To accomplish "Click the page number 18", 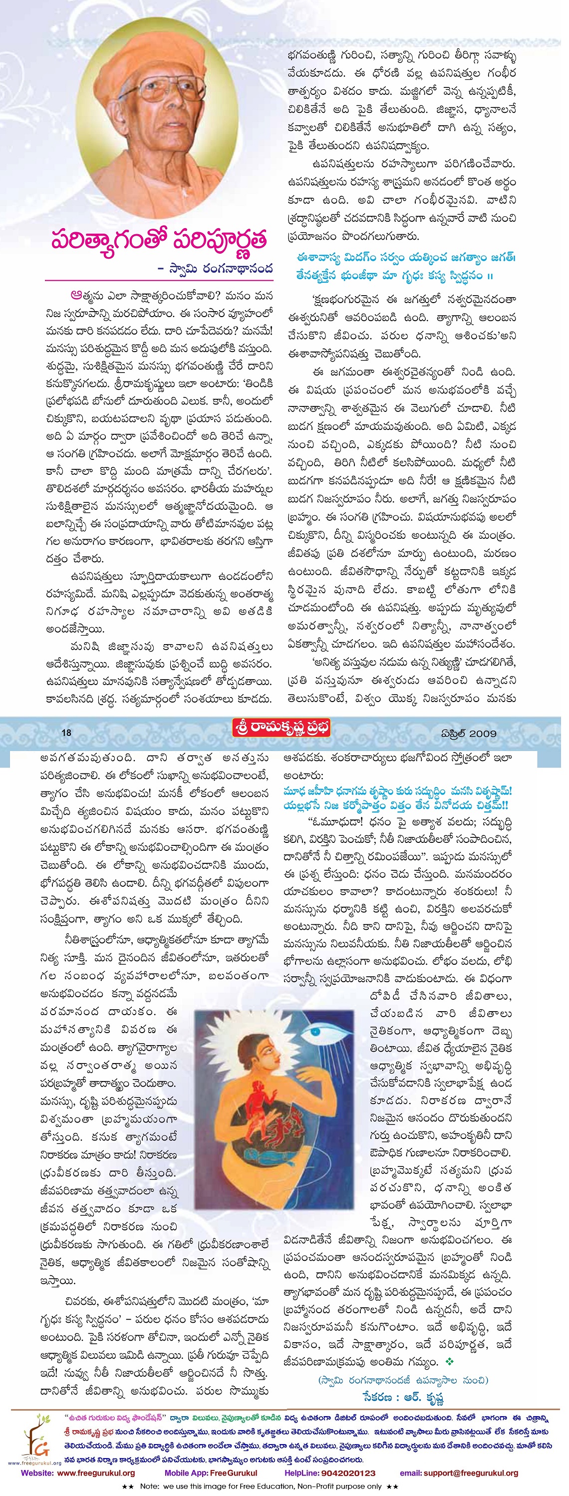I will pyautogui.click(x=66, y=733).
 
